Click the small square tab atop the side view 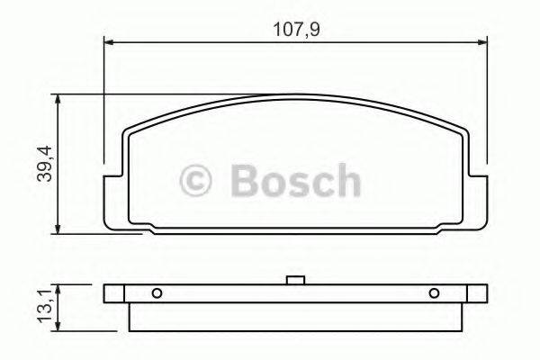(292, 281)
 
